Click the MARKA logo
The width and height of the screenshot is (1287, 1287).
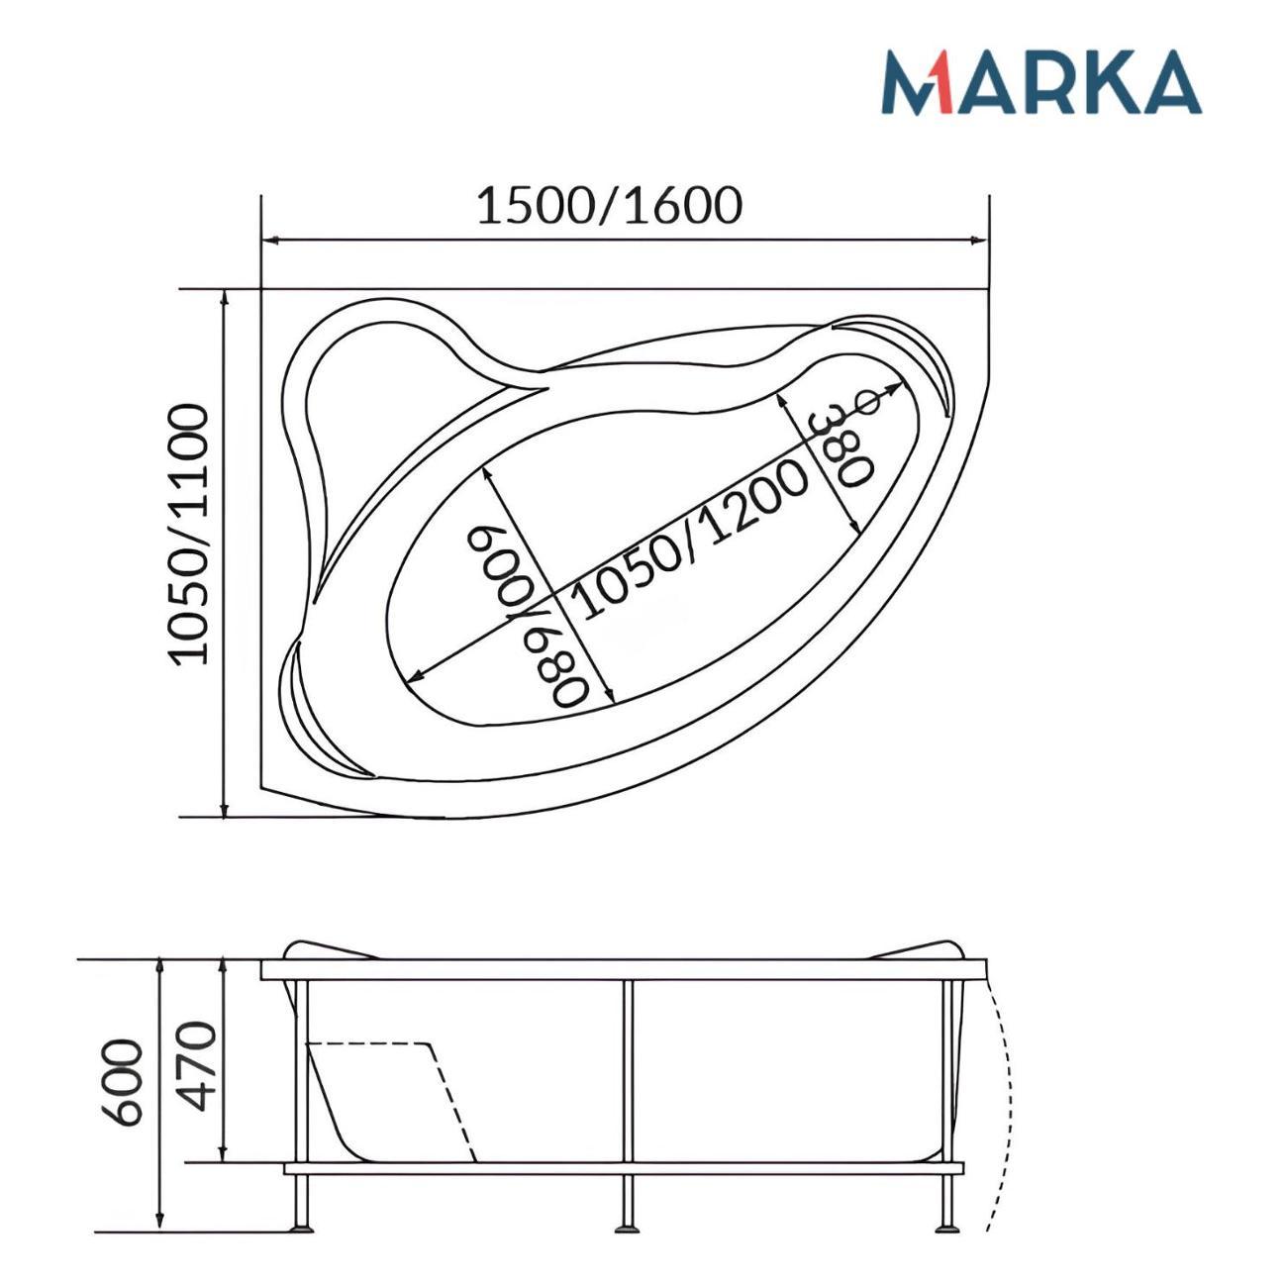coord(1040,83)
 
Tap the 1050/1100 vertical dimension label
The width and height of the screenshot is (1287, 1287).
coord(188,535)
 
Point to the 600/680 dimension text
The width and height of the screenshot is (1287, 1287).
coord(528,615)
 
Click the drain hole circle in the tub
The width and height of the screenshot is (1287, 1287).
coord(869,402)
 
